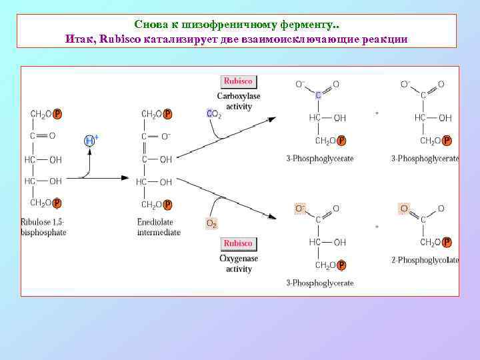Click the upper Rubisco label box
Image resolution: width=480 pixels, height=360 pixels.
[238, 81]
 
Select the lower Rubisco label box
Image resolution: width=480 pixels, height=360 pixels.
[238, 244]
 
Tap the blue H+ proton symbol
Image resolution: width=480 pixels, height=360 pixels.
[91, 140]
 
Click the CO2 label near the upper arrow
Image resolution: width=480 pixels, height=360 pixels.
[214, 114]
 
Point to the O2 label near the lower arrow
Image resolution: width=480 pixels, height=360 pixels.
[211, 223]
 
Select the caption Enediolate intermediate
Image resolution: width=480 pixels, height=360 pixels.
[159, 227]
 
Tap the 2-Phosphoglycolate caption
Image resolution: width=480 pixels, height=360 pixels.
[425, 260]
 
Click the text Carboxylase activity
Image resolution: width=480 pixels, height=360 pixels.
[239, 101]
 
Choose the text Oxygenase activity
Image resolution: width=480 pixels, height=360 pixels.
[239, 264]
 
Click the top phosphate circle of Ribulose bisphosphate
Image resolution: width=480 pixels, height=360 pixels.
[57, 114]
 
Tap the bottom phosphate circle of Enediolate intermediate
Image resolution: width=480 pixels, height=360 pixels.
[168, 205]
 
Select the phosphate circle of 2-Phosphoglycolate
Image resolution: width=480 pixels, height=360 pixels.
[447, 243]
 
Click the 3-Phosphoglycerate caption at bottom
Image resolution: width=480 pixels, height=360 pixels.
[320, 283]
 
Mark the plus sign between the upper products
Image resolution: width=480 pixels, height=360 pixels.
[377, 113]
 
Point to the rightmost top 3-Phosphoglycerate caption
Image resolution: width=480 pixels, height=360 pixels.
[425, 159]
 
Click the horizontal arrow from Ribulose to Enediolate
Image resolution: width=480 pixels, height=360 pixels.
[103, 178]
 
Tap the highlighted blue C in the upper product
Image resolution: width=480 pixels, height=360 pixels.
[319, 95]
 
